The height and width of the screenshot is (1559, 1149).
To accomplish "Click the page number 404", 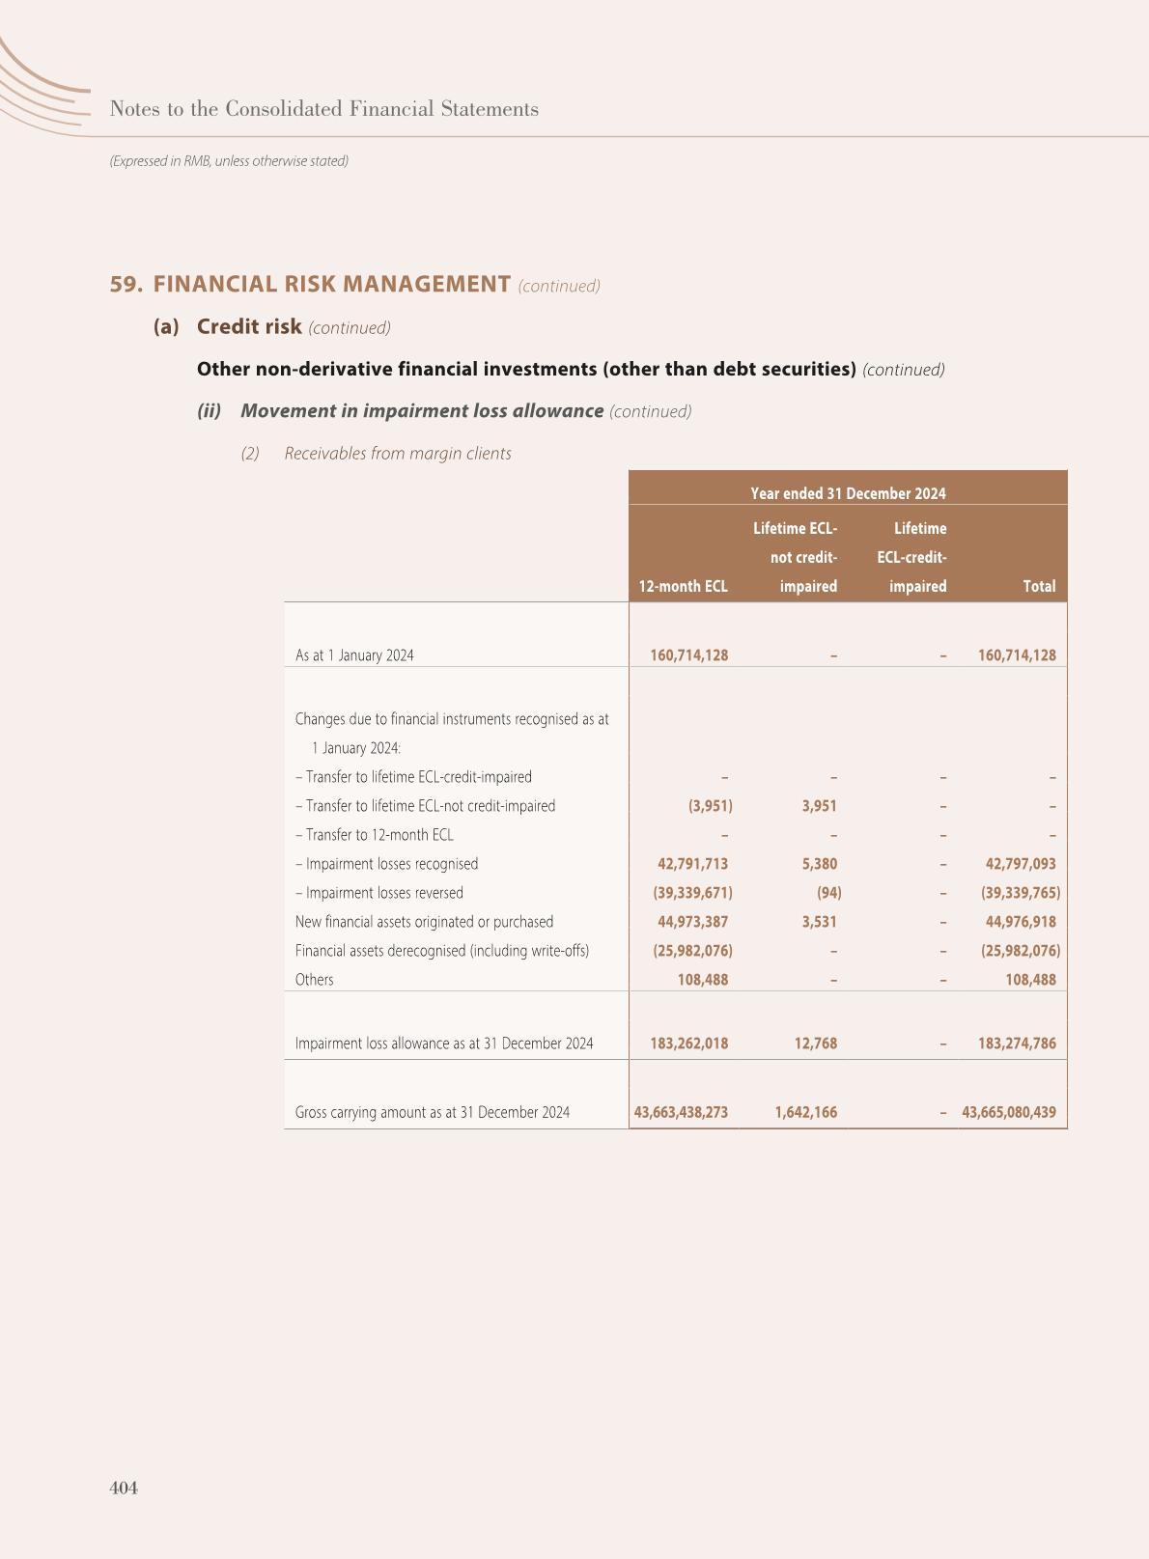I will click(x=124, y=1488).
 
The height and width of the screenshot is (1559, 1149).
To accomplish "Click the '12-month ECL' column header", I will click(x=683, y=586).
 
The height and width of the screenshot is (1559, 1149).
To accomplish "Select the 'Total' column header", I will click(x=1039, y=586).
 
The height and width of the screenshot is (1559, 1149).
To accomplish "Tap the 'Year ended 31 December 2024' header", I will click(x=848, y=493).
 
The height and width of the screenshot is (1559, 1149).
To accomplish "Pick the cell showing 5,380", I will click(x=819, y=864).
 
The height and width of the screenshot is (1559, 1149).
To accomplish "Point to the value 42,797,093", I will click(x=1020, y=864).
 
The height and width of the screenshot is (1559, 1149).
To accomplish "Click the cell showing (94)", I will click(x=828, y=893).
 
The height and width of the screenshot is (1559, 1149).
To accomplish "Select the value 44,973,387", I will click(x=692, y=922).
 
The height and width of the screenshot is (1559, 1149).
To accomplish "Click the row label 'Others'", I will click(x=314, y=980).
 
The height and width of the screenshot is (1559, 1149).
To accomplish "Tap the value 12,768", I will click(x=816, y=1044).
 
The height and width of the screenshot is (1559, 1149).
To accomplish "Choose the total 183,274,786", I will click(x=1017, y=1044).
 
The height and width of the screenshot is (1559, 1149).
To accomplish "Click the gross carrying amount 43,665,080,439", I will click(x=1009, y=1112).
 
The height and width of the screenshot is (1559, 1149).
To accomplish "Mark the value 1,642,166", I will click(x=805, y=1112).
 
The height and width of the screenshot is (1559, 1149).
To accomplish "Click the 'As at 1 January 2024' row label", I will click(x=354, y=655).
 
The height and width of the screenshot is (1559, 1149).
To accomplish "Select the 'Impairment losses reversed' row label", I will click(x=378, y=893).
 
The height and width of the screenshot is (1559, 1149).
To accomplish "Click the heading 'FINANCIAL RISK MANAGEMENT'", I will click(x=331, y=284).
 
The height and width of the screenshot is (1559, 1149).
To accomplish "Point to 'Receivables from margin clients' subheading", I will click(x=397, y=453).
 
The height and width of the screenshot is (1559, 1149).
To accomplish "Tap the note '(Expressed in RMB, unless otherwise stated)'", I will click(x=229, y=161).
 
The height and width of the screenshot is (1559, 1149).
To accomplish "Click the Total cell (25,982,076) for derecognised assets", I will click(x=1020, y=951).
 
